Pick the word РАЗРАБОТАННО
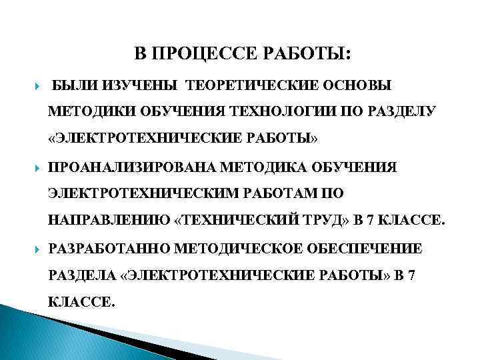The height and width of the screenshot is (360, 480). click(x=110, y=249)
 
